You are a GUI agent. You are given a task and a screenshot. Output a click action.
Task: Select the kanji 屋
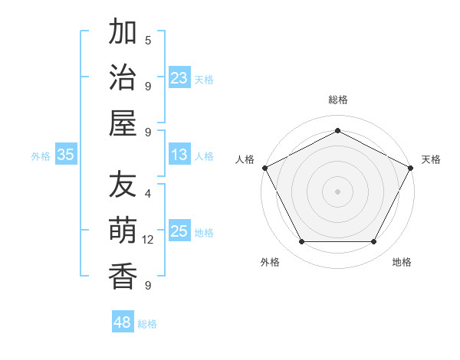coord(123,123)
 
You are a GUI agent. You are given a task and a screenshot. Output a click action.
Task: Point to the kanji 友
coord(123,185)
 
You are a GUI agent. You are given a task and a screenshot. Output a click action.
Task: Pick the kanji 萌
coord(123,231)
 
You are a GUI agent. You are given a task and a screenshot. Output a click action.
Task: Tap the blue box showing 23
coord(179,78)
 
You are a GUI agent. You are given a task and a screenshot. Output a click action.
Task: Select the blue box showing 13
coord(179,155)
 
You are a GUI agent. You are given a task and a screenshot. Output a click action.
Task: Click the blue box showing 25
coord(179,232)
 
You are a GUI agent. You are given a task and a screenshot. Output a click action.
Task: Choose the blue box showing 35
coord(66,155)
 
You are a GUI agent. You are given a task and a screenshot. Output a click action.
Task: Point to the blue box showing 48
coord(122,322)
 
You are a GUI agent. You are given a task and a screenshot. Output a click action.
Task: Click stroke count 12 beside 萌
coord(148,240)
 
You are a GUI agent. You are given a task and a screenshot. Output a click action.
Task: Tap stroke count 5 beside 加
coord(148,40)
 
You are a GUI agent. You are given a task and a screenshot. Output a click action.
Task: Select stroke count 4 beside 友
coord(148,193)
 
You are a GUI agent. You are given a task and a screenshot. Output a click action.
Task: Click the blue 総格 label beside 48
coord(147,324)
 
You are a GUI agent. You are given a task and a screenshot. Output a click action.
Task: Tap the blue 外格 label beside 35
coord(41,156)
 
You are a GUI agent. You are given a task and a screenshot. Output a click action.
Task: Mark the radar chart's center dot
coord(337,191)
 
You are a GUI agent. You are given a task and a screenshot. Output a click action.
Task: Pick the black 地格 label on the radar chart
coord(402,262)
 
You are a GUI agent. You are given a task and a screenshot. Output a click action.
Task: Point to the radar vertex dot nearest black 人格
coord(264,167)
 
